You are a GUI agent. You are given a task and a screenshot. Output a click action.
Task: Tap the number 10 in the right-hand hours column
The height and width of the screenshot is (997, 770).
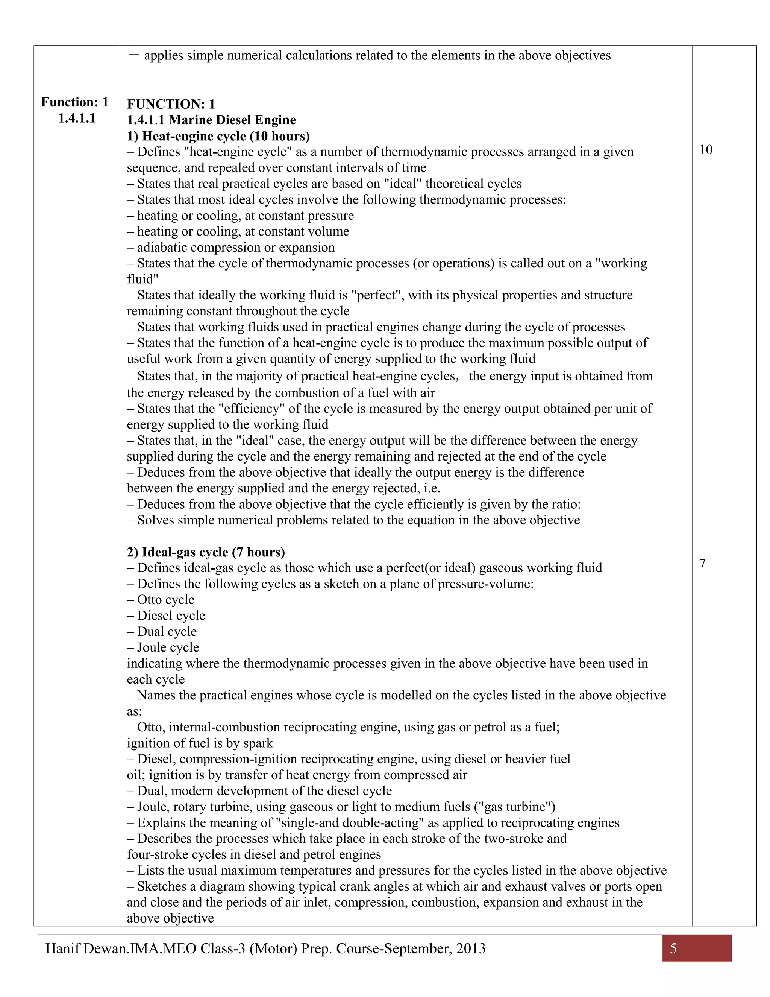(705, 150)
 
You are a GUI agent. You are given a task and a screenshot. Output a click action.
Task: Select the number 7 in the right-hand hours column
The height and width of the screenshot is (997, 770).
(702, 564)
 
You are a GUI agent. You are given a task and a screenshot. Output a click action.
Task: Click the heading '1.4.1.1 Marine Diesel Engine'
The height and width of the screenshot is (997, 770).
(211, 120)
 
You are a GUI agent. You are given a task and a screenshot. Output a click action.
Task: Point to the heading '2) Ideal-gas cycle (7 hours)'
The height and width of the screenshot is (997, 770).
(206, 552)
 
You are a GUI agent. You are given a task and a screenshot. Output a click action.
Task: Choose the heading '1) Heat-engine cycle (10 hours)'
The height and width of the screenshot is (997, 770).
(218, 136)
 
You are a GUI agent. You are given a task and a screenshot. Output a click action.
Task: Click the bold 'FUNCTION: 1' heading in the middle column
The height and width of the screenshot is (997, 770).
(171, 104)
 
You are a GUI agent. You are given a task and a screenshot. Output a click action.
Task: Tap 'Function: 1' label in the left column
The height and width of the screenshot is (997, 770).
(75, 102)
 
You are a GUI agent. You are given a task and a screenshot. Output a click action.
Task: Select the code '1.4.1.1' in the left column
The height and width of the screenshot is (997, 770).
(77, 118)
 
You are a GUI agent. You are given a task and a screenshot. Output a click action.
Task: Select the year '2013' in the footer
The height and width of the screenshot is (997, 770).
(470, 948)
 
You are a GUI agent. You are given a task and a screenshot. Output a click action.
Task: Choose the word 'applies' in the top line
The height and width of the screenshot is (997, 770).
(163, 56)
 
